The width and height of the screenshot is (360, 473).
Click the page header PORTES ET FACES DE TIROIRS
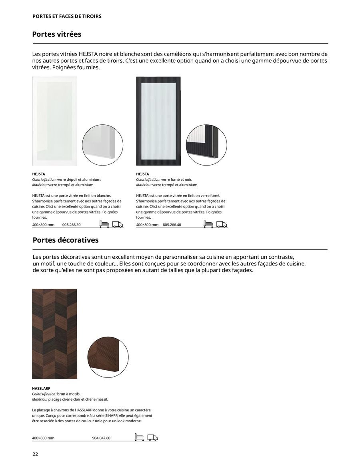coord(67,16)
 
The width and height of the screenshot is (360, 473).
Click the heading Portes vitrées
coord(56,34)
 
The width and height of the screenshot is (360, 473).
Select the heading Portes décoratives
coord(65,240)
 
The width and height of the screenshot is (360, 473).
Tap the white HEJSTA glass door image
coord(54,121)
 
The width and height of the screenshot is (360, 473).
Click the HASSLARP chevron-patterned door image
coord(54,333)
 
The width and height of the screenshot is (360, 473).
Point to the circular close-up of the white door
coord(102,145)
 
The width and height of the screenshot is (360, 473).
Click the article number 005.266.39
coord(72,225)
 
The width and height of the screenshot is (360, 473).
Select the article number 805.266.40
coord(172,225)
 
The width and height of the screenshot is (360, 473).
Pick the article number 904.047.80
coord(101,438)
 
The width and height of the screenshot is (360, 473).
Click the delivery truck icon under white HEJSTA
coord(118,224)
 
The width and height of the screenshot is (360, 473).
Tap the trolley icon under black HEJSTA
coord(208,224)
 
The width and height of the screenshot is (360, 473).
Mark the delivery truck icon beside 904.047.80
coord(152,437)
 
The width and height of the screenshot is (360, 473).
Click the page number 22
coord(35,454)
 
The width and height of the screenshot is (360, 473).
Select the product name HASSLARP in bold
coord(41,388)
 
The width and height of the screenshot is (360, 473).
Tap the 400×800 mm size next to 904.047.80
coord(43,438)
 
